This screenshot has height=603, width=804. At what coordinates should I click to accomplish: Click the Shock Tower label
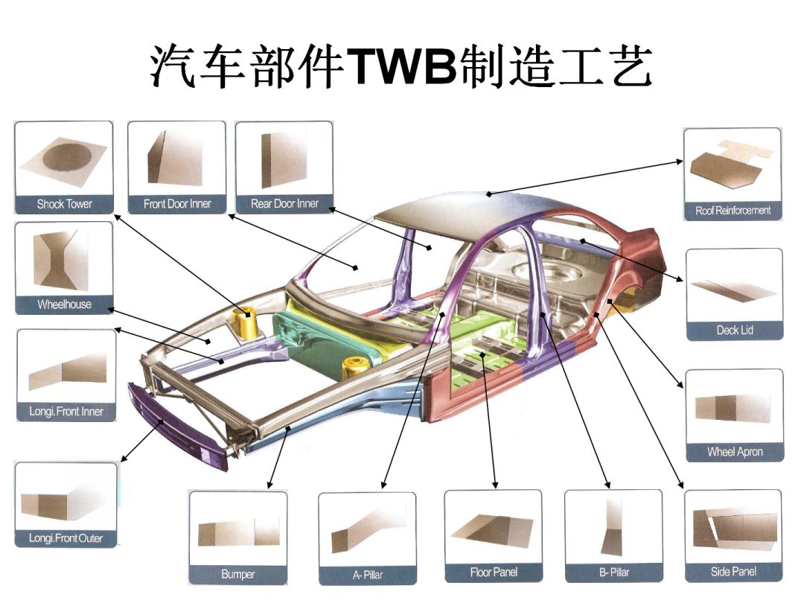(x=64, y=204)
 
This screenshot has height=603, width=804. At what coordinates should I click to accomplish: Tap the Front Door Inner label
(x=177, y=204)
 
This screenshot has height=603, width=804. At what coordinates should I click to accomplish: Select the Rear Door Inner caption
(x=284, y=204)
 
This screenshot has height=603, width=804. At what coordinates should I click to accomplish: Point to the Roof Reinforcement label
(x=733, y=211)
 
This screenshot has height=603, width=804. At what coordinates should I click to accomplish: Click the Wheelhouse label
(x=64, y=304)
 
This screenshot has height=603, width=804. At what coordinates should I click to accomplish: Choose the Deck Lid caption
(x=734, y=330)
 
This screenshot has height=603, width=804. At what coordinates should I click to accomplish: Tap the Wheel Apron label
(x=734, y=452)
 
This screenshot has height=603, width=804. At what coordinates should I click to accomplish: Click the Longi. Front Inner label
(x=66, y=412)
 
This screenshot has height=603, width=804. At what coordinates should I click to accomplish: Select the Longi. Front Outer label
(x=66, y=538)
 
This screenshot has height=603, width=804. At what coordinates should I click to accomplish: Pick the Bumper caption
(x=237, y=574)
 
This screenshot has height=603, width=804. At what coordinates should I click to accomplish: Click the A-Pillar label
(x=367, y=575)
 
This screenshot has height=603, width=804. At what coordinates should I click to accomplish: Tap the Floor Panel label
(x=493, y=572)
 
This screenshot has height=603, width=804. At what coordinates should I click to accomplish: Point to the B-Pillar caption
(x=613, y=572)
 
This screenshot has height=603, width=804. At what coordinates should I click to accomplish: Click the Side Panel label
(x=733, y=572)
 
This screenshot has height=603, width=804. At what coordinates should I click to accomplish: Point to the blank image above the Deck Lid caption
(x=734, y=291)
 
